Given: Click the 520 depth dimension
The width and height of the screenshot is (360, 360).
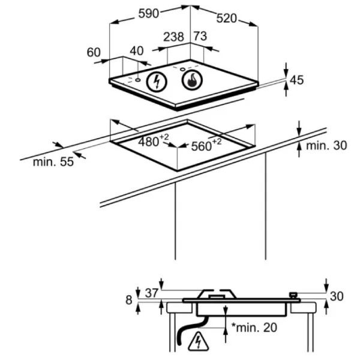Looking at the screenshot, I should tap(227, 18).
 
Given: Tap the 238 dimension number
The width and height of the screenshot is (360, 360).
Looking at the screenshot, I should tap(173, 37).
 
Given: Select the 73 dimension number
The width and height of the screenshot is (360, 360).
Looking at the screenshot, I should tap(200, 36).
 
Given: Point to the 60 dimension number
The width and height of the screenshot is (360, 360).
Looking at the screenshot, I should tap(94, 52).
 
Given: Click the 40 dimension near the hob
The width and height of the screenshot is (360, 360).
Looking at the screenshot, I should tap(137, 51).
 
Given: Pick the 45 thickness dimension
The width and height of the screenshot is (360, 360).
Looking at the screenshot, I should tap(296, 80).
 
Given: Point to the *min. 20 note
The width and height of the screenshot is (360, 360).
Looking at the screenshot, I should tap(254, 328).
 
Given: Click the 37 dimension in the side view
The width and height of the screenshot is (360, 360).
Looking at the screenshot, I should tap(151, 292).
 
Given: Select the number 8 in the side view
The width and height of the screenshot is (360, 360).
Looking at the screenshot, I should tap(128, 300).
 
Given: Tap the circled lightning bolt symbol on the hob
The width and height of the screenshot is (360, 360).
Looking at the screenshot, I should tap(157, 82).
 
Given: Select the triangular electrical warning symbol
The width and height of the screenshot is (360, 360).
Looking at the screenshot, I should tap(199, 343).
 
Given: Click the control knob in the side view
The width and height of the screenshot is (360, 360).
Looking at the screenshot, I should tap(293, 295).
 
